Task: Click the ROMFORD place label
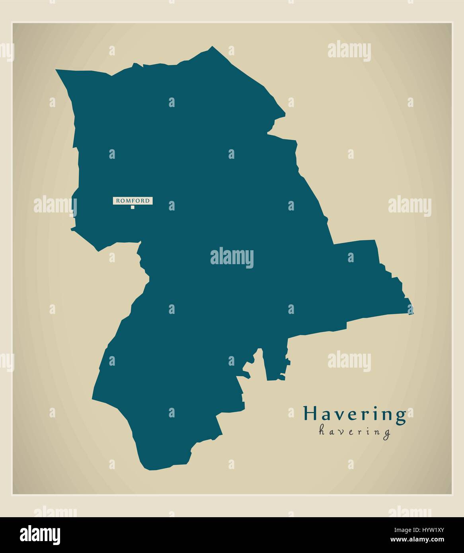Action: coord(133,201)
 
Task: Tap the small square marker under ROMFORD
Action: coord(133,207)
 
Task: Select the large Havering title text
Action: coord(355,414)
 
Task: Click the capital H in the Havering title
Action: coord(310,414)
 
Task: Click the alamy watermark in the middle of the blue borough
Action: coord(232,257)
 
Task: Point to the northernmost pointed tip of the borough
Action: coord(212,47)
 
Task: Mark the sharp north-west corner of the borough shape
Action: coord(56,70)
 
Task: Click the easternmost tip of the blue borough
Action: coord(413,312)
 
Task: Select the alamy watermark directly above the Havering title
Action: coord(349,361)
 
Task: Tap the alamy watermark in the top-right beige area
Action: coord(349,52)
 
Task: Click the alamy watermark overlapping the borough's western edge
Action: coord(55,206)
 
